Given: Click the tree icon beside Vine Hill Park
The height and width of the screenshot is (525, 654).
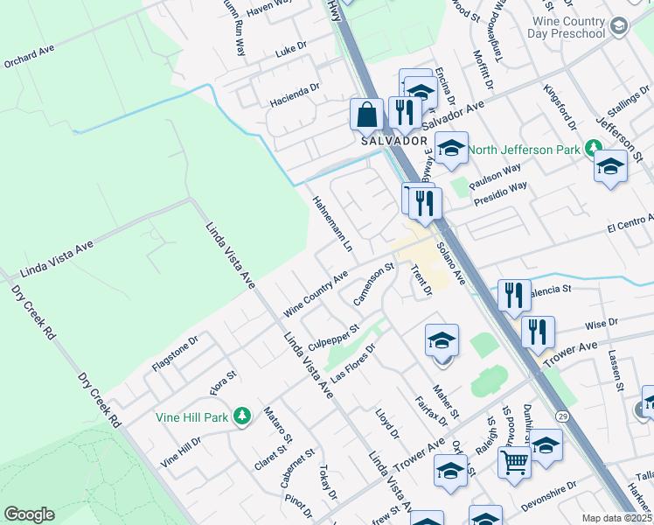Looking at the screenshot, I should (x=242, y=416).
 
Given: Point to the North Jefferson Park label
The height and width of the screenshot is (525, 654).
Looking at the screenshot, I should (x=523, y=150).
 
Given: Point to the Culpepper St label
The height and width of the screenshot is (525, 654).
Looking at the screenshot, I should (x=333, y=339).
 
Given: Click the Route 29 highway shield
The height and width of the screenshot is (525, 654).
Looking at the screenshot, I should (x=561, y=412).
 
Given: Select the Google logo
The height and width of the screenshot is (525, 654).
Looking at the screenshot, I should (x=29, y=514).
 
